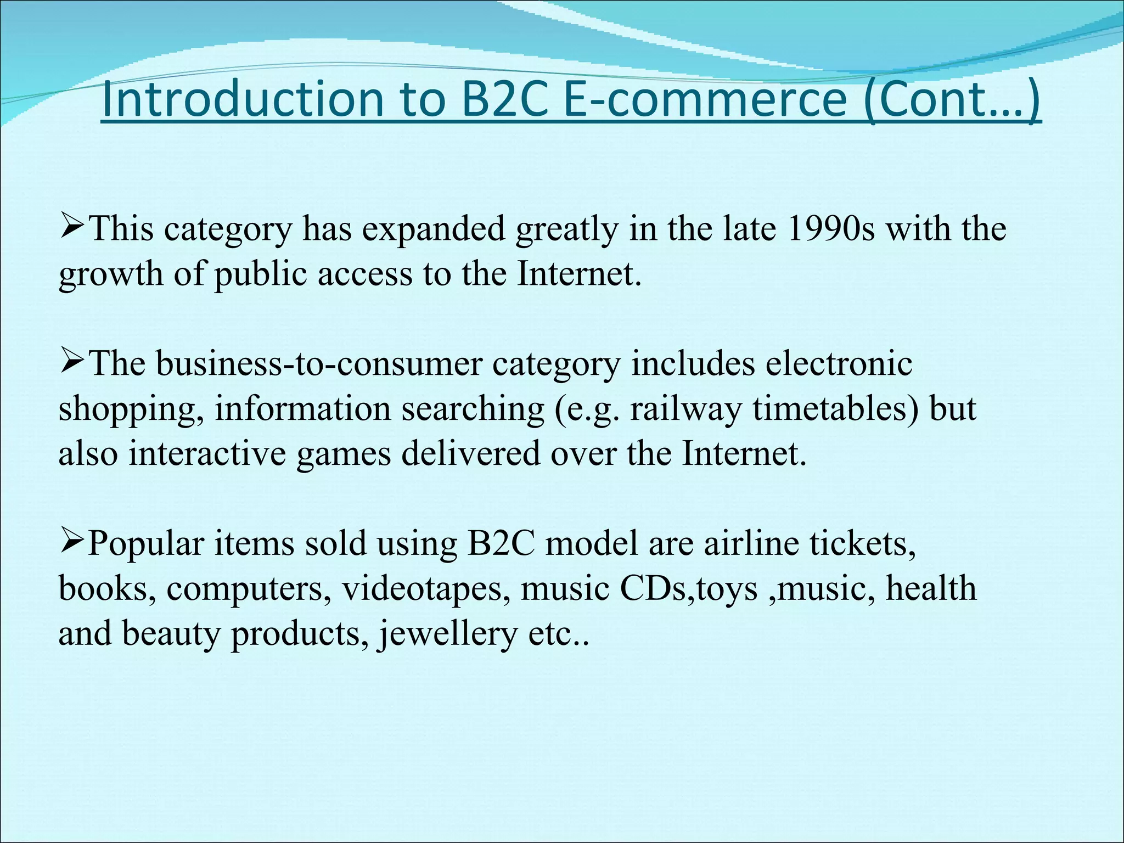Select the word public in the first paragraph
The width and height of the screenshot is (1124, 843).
pos(260,274)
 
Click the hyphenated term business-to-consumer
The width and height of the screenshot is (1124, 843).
pos(318,364)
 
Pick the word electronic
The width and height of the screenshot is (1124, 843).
pos(839,364)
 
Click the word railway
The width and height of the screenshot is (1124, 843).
pos(685,409)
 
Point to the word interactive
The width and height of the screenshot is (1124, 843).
pos(207,454)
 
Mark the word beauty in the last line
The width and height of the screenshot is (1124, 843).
pos(171,634)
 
